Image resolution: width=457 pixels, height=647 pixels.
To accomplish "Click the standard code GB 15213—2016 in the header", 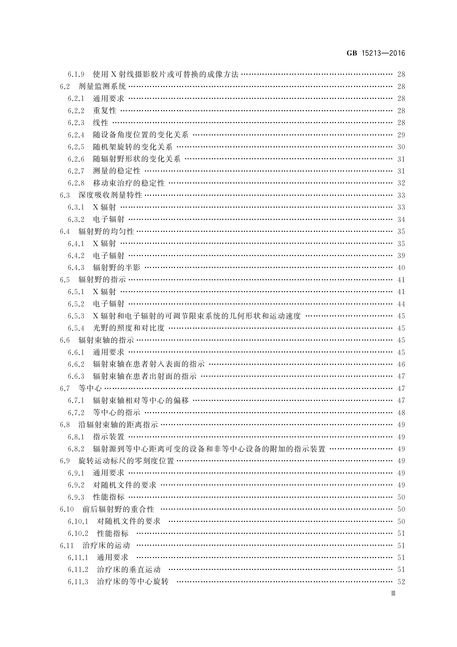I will (x=376, y=53).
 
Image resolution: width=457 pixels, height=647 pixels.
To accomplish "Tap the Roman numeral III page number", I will (x=393, y=593).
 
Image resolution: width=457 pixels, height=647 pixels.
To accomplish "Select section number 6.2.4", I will (x=76, y=135).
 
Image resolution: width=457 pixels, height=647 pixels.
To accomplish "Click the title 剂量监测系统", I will (x=102, y=86).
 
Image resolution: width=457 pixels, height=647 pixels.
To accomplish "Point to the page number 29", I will (x=401, y=135).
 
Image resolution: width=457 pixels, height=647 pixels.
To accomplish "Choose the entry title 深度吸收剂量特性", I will (x=110, y=195).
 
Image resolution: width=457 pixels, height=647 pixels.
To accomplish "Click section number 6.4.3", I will (x=76, y=268).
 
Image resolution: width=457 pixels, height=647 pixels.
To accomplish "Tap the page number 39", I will (x=401, y=255).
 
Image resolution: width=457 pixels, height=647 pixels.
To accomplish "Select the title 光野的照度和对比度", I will (x=129, y=328).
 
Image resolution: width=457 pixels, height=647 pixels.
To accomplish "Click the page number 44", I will (x=401, y=304).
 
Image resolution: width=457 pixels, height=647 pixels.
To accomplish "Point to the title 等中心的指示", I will (x=117, y=413).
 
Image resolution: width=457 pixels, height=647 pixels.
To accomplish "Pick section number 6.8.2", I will (x=76, y=449).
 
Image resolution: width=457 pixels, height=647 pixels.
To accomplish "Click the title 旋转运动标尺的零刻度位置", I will (x=126, y=461).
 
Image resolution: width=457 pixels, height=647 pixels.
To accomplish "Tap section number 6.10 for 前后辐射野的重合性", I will (x=66, y=509).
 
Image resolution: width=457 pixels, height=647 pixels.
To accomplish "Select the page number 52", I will (x=401, y=582).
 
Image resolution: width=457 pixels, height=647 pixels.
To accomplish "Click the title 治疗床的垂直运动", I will (x=129, y=569).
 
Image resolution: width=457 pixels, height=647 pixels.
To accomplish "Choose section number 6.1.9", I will (x=76, y=75).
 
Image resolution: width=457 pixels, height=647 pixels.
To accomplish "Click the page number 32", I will (x=401, y=183).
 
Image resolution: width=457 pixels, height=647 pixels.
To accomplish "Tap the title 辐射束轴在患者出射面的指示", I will (x=145, y=376).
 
